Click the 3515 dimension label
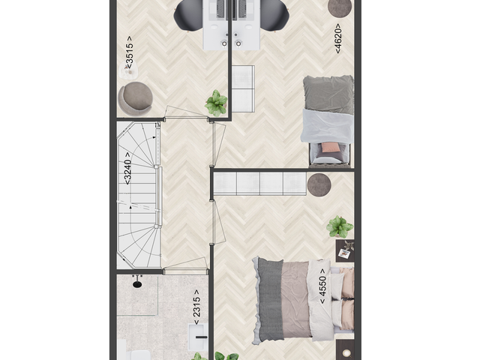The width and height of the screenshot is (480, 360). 130,52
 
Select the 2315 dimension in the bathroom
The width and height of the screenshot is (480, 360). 196,307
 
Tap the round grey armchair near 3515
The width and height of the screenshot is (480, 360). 136,97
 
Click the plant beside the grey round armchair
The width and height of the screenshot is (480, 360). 217,102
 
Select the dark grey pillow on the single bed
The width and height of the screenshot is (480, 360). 328,94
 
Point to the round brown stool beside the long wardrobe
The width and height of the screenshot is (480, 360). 320,184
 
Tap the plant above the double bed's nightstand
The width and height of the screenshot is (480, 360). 340,226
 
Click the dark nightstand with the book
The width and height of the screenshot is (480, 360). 345,251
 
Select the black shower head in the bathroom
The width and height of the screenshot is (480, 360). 137,283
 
